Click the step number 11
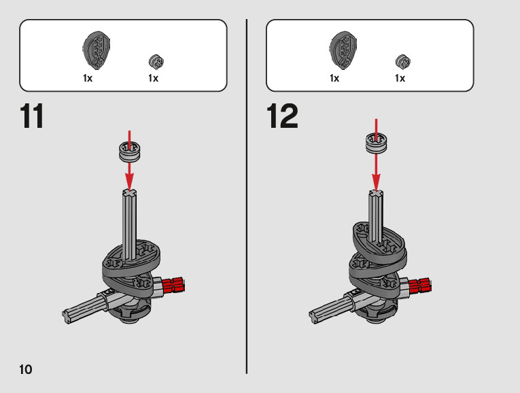32,116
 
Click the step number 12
282,116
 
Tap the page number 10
26,369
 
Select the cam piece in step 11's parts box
96,50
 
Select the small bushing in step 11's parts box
156,62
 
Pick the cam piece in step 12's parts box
343,50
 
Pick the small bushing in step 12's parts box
403,62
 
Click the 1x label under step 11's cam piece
88,78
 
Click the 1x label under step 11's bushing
153,78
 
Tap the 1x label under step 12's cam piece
334,78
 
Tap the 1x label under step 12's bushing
400,78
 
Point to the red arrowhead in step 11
129,182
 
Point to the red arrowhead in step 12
376,182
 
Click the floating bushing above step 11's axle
129,152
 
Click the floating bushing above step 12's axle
376,143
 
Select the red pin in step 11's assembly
173,285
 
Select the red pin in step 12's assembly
420,286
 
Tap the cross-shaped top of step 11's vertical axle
129,192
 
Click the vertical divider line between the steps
246,196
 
